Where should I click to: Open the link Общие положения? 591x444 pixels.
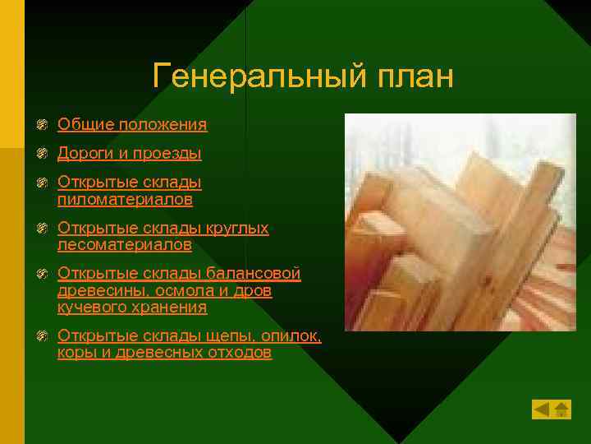tap(132, 125)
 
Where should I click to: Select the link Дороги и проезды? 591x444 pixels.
tap(130, 154)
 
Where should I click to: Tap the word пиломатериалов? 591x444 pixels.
tap(126, 200)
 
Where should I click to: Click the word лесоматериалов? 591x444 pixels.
tap(125, 245)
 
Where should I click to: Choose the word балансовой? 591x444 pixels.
tap(254, 273)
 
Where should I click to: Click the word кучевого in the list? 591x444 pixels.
tap(89, 308)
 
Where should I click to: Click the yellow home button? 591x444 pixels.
tap(561, 409)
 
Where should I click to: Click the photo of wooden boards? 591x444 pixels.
tap(460, 222)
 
